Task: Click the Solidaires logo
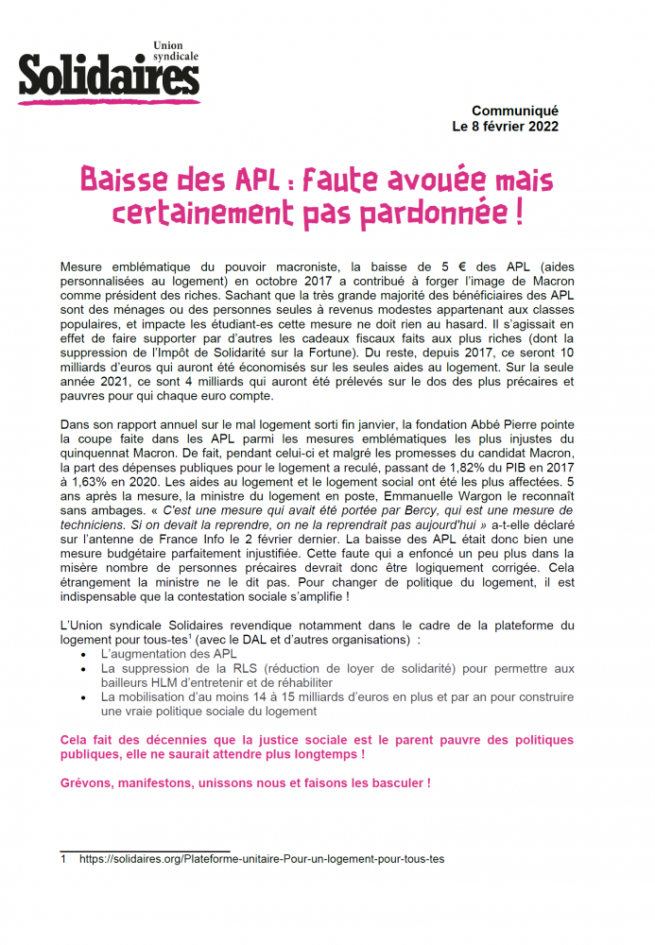tap(109, 74)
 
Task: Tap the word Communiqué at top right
tap(515, 111)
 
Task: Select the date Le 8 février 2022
tap(506, 127)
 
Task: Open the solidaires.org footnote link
tap(262, 859)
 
